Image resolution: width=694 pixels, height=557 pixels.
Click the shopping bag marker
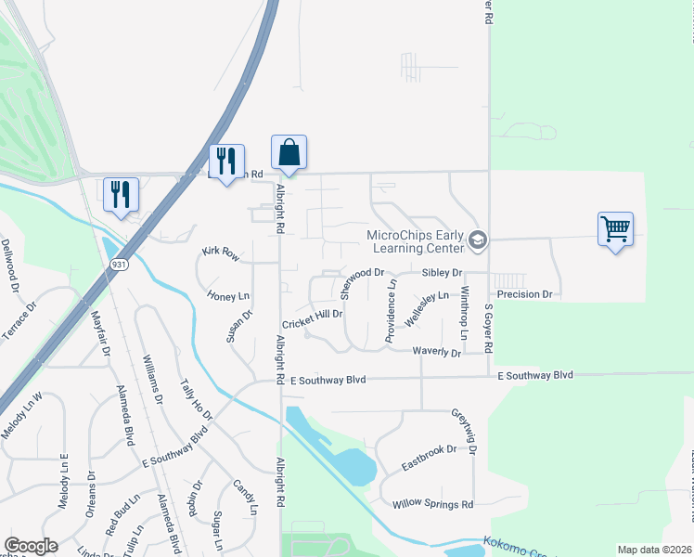(x=289, y=152)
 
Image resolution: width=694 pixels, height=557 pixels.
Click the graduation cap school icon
(x=478, y=241)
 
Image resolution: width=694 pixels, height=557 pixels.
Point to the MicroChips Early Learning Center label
(x=415, y=242)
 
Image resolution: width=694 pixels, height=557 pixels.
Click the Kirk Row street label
(x=221, y=253)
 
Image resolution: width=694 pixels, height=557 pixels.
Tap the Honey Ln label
(x=229, y=295)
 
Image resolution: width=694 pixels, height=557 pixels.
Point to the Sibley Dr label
(x=442, y=273)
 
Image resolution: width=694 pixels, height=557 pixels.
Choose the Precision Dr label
(x=524, y=294)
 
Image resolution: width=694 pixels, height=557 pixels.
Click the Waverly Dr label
(x=436, y=352)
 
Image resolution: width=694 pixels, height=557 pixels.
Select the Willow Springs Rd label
(x=432, y=504)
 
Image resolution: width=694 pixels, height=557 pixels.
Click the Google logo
(x=31, y=545)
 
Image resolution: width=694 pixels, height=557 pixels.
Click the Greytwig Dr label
(x=463, y=430)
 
